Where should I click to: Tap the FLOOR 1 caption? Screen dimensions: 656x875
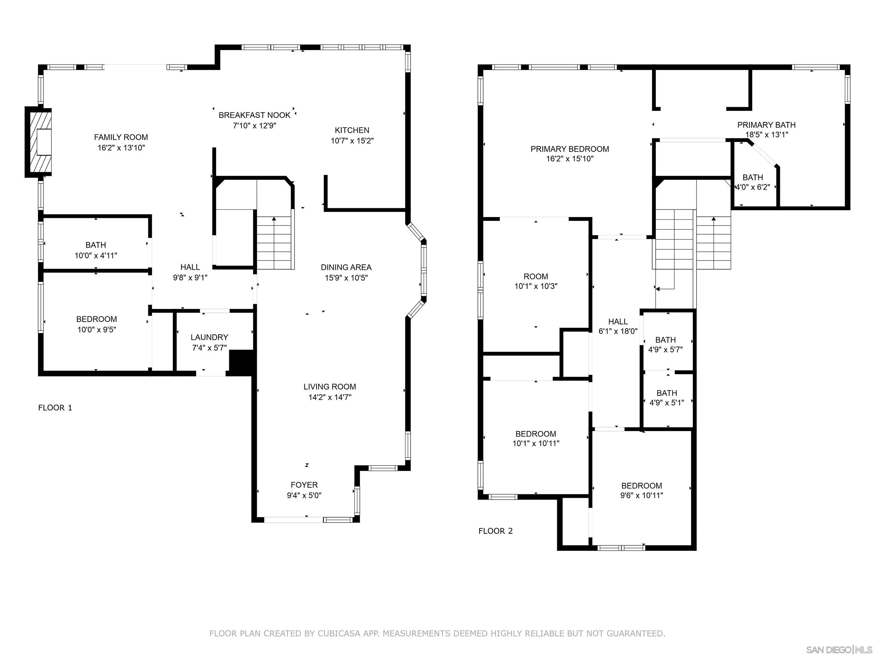click(x=55, y=408)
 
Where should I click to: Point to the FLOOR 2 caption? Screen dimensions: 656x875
click(x=495, y=531)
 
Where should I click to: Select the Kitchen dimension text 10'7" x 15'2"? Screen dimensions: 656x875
click(x=352, y=141)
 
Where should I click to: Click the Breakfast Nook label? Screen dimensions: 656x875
click(x=254, y=115)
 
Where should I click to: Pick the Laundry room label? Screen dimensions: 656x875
click(x=209, y=337)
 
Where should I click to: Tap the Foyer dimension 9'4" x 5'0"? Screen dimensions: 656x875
click(x=304, y=495)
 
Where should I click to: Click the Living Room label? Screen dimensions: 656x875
click(x=330, y=387)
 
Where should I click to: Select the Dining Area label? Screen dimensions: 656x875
click(x=346, y=267)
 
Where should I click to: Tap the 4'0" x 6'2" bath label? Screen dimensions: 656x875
click(x=752, y=187)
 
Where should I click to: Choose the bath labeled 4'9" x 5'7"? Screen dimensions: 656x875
click(x=665, y=345)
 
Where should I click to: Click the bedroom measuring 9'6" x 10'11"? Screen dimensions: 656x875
click(x=641, y=490)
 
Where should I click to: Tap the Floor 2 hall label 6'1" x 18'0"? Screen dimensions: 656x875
click(x=618, y=327)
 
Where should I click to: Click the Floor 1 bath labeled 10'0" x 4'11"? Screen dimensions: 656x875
click(x=96, y=250)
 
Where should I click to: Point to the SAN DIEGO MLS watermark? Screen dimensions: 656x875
click(x=839, y=650)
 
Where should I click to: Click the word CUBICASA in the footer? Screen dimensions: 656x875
click(x=339, y=634)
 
